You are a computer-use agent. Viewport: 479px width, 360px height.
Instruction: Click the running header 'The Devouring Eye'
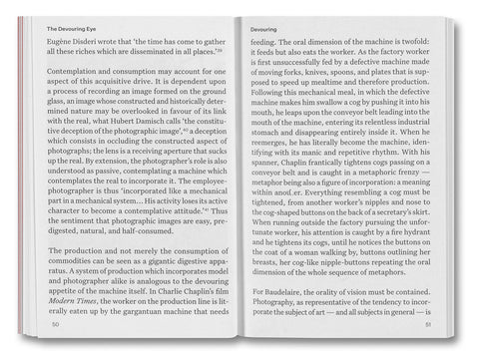pos(79,30)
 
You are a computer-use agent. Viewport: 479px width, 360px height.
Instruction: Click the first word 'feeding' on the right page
pos(264,44)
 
